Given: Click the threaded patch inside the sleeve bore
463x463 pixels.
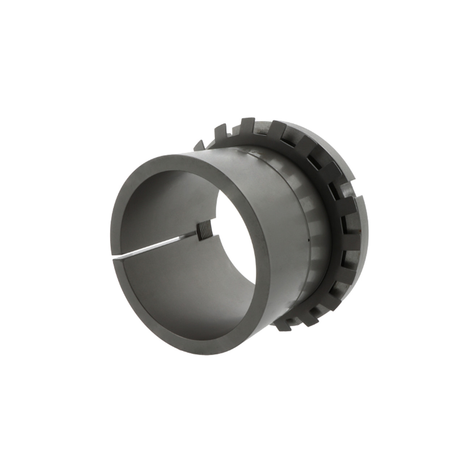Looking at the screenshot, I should pos(203,231).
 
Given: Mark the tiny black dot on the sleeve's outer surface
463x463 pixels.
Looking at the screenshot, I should pos(308,240).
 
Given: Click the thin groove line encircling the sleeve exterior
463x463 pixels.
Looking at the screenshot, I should pos(268,159).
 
